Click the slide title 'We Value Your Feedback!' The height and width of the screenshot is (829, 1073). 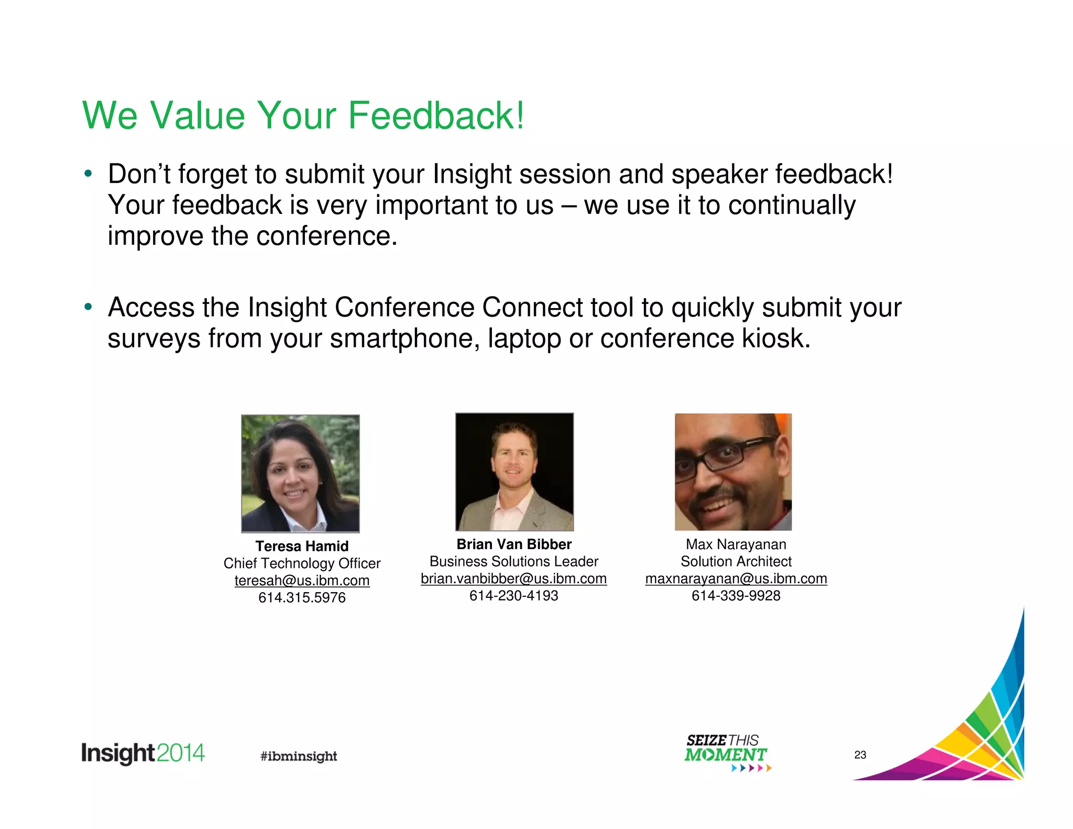(303, 115)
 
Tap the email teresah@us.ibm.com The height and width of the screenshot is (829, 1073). (302, 581)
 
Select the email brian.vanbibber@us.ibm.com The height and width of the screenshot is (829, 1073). (513, 579)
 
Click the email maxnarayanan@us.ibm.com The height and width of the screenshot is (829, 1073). (736, 579)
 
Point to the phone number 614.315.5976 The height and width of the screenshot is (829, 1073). (302, 598)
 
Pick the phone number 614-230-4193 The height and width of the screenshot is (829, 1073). (513, 596)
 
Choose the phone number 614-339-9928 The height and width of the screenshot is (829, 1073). (736, 596)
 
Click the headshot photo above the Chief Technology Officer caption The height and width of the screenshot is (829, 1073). (300, 473)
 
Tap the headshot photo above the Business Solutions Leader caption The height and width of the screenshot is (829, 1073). (514, 472)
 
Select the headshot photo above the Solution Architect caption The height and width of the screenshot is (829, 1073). (733, 472)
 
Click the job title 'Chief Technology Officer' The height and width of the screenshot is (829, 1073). (302, 563)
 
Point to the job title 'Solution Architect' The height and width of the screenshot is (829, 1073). (736, 562)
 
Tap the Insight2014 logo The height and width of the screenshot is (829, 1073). (143, 754)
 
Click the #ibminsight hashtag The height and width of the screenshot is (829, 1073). (299, 756)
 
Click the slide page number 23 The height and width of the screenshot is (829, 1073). (860, 755)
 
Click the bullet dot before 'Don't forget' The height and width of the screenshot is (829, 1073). (88, 173)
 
